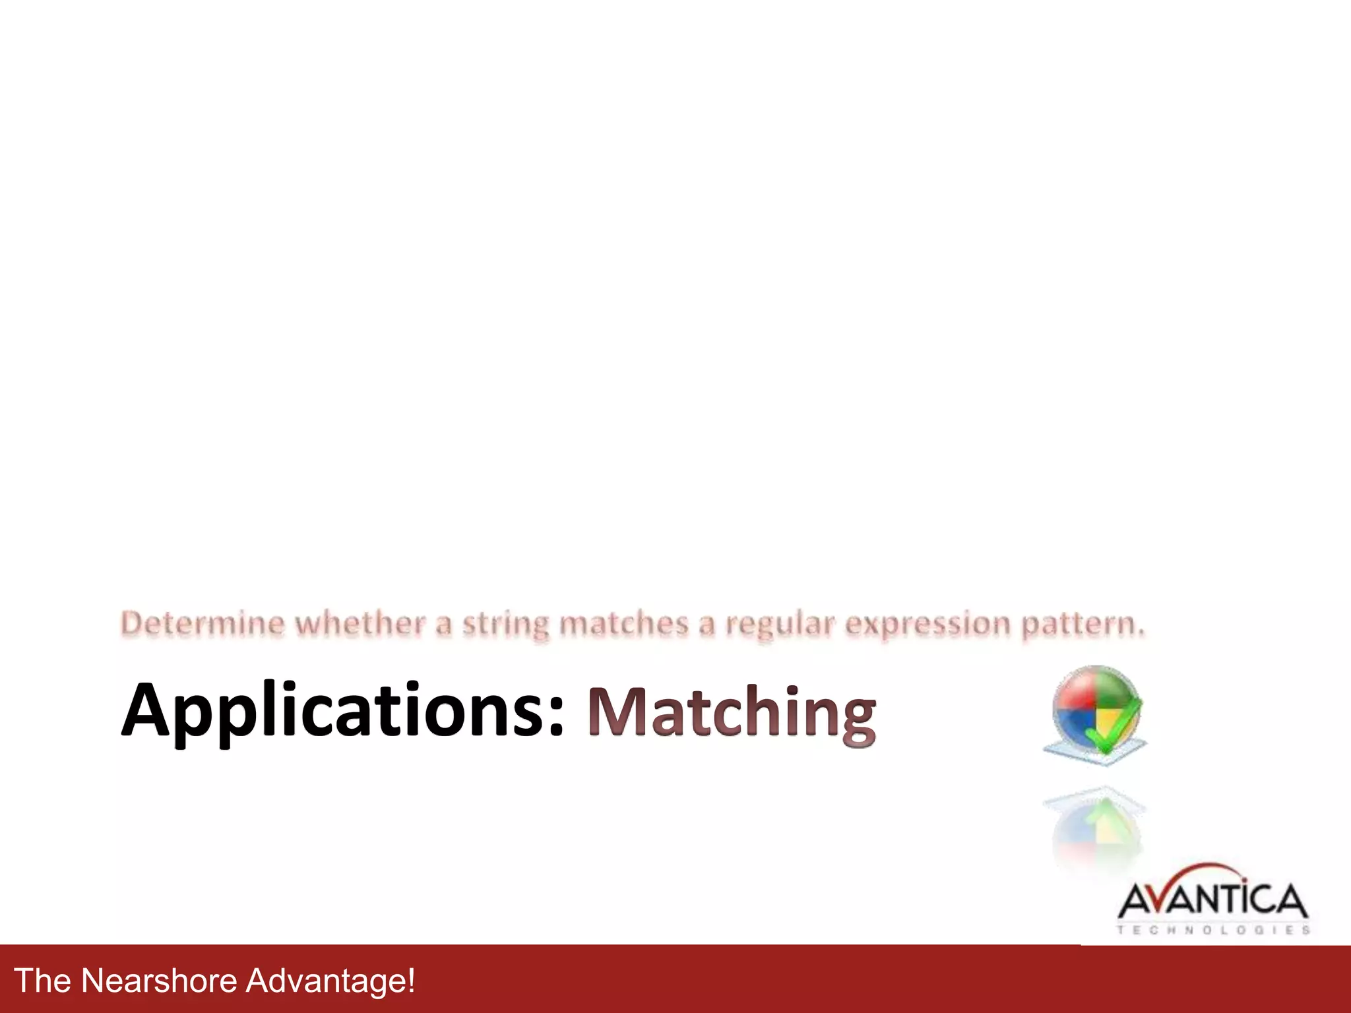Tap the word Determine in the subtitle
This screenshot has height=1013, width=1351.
pos(203,623)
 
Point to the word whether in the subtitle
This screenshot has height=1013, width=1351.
pos(360,623)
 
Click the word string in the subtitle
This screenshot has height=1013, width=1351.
pos(505,625)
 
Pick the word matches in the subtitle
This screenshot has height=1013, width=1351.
pos(623,623)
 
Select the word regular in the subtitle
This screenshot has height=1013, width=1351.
pos(780,625)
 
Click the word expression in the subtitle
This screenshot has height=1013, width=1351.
pos(927,625)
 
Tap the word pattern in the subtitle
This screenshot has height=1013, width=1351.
pos(1082,625)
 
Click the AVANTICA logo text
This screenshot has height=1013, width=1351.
pos(1212,901)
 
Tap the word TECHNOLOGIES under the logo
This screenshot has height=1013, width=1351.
pos(1212,930)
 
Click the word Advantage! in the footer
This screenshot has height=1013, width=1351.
pos(330,980)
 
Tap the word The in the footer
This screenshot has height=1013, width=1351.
pos(42,980)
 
